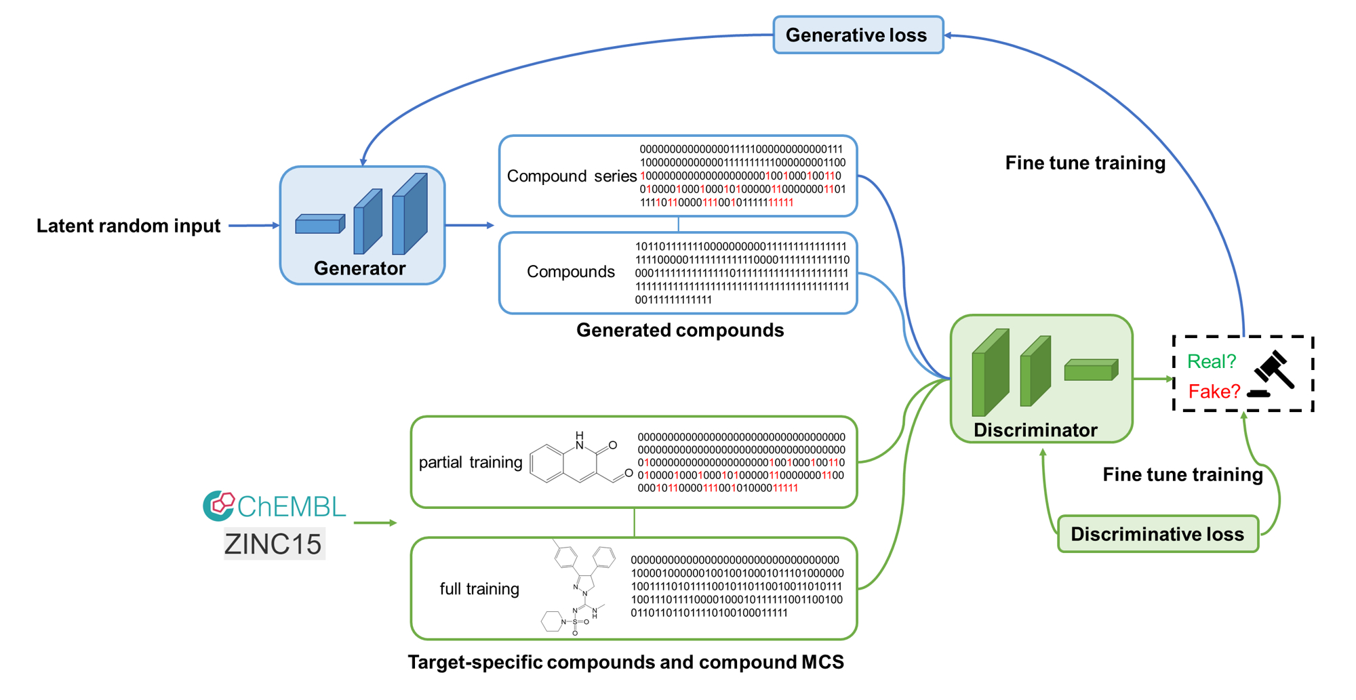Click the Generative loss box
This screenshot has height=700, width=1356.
tap(858, 35)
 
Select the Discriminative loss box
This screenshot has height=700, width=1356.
tap(1157, 534)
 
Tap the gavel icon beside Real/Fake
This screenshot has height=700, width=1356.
tap(1273, 373)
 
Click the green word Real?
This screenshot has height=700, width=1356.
tap(1212, 361)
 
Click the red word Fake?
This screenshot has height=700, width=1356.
tap(1214, 392)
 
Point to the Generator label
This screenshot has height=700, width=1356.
tap(359, 268)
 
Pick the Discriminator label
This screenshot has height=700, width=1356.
tap(1035, 430)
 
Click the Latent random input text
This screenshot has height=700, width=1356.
tap(128, 226)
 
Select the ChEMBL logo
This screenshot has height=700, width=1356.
tap(275, 506)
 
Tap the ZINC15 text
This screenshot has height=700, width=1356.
tap(274, 543)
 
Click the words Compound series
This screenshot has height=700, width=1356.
tap(571, 176)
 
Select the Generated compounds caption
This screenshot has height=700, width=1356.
tap(679, 330)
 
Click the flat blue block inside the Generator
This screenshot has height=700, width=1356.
tap(320, 224)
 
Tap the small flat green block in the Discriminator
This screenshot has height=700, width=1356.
tap(1090, 370)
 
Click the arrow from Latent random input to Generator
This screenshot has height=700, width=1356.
tap(254, 226)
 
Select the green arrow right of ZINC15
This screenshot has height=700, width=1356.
tap(375, 522)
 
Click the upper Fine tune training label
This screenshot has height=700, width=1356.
tap(1085, 163)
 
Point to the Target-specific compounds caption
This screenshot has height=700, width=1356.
tap(625, 662)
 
